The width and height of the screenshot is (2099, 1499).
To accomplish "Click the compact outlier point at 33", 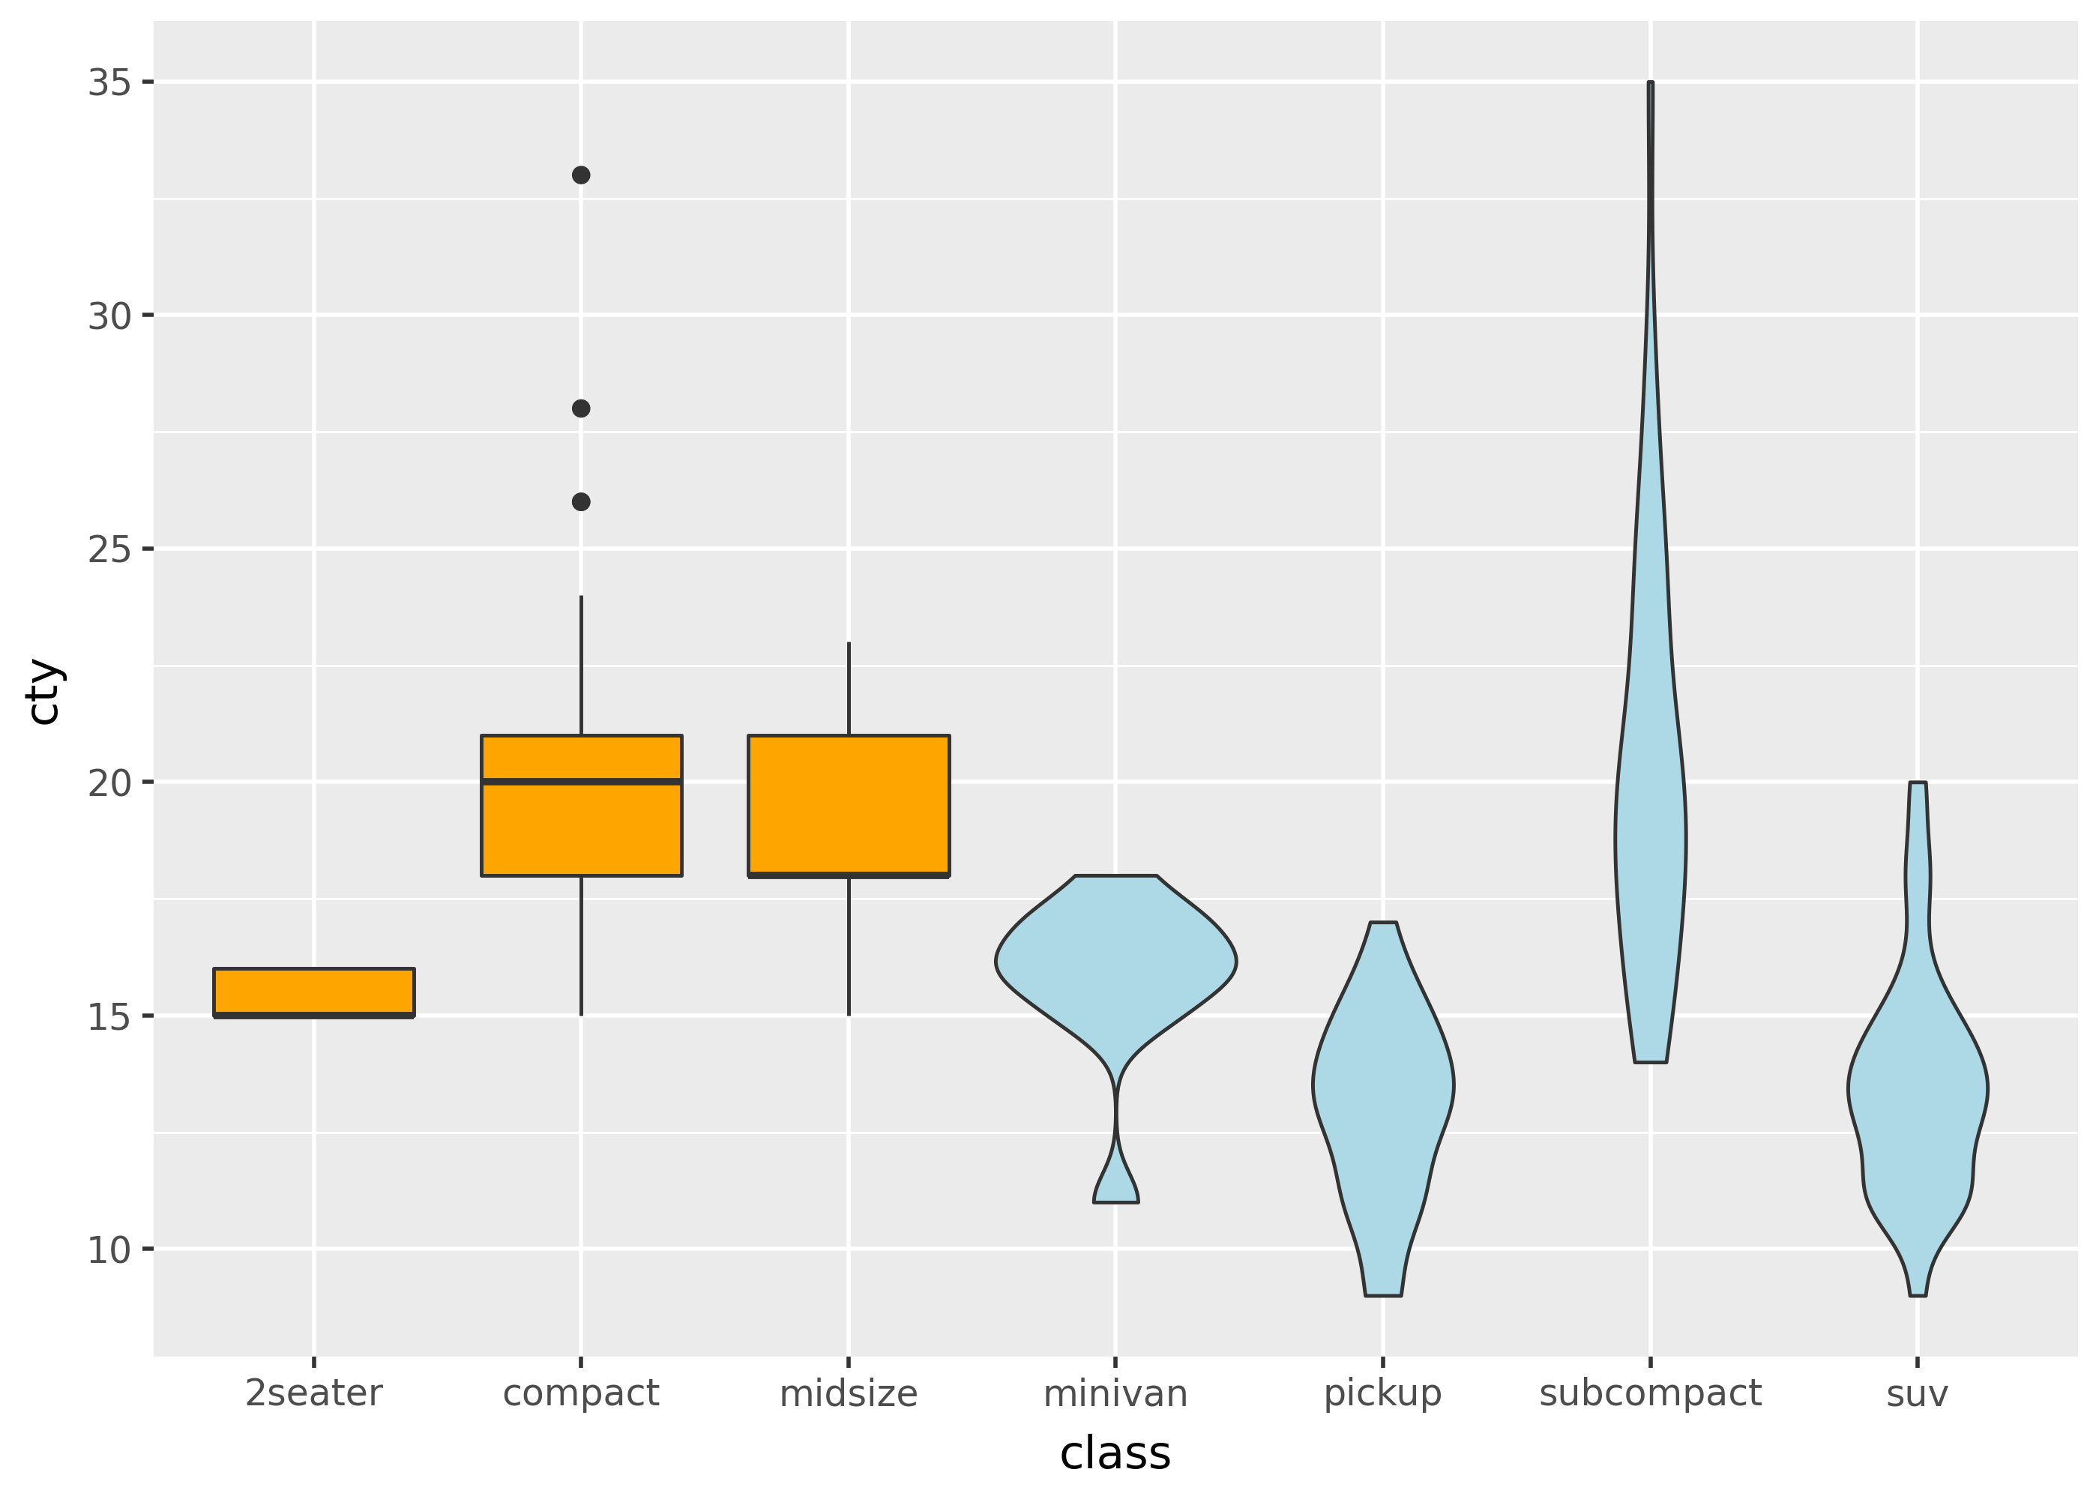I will tap(580, 175).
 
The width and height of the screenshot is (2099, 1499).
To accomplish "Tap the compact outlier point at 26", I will tap(580, 502).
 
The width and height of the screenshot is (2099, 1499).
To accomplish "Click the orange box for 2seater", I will tap(314, 992).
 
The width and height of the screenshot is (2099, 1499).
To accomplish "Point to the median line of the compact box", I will tap(582, 782).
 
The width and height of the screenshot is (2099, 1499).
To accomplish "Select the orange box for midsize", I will tap(849, 805).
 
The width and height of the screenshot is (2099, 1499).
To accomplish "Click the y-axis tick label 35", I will tap(109, 83).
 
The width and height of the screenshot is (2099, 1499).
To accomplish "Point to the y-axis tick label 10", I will tap(109, 1249).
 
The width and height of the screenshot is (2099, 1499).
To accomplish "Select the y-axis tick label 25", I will tap(109, 550).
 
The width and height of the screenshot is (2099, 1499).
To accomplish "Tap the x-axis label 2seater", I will tap(314, 1394).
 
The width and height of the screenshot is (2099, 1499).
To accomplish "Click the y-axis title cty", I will tap(43, 693).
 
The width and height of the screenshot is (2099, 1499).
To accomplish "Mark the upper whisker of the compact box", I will tap(580, 665).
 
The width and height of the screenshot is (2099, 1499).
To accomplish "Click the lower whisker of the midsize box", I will tap(849, 946).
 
